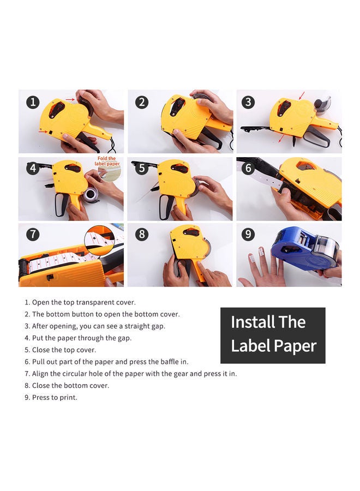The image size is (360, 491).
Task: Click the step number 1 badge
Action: pyautogui.click(x=34, y=102)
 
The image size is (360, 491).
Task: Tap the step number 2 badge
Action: pyautogui.click(x=142, y=102)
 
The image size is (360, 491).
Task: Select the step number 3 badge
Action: pyautogui.click(x=249, y=102)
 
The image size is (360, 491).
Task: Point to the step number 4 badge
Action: pyautogui.click(x=34, y=168)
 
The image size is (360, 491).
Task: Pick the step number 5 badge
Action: pyautogui.click(x=142, y=168)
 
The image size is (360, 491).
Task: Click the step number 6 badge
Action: pyautogui.click(x=249, y=168)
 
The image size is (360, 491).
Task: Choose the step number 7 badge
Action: pyautogui.click(x=34, y=235)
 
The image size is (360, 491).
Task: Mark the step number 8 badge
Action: pyautogui.click(x=142, y=235)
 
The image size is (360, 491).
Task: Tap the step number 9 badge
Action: pyautogui.click(x=249, y=235)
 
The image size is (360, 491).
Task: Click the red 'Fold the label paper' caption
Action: pyautogui.click(x=107, y=161)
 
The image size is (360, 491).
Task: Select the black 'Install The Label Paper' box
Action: pyautogui.click(x=273, y=335)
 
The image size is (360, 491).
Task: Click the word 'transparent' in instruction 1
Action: pyautogui.click(x=95, y=302)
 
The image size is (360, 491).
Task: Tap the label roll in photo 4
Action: pyautogui.click(x=92, y=193)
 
